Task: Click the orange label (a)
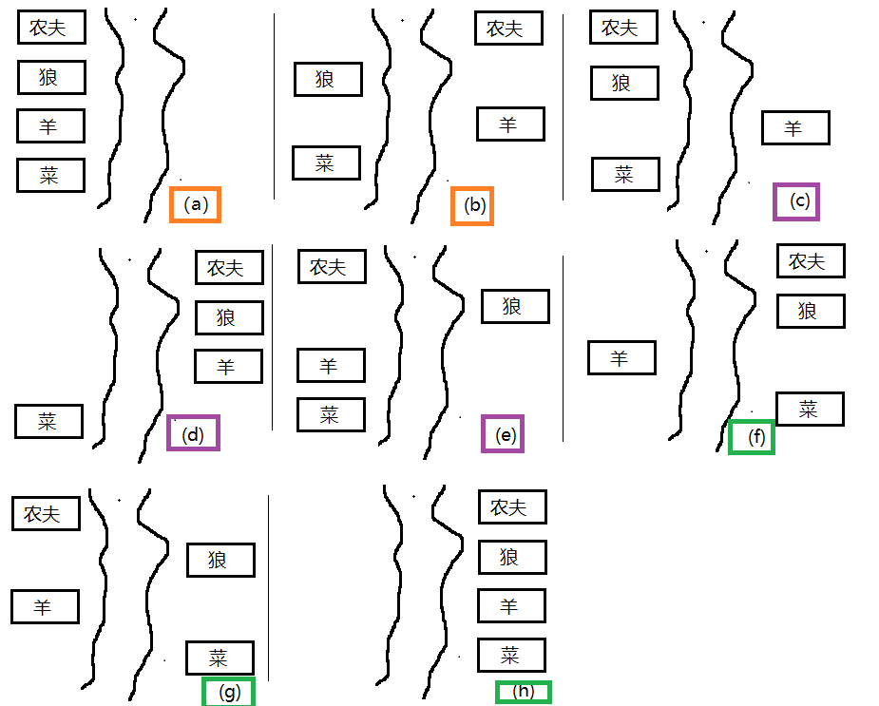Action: click(195, 204)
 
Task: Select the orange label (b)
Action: click(472, 206)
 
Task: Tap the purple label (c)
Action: click(796, 201)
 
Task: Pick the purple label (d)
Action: click(193, 432)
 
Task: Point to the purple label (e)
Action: click(503, 433)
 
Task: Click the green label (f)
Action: click(751, 437)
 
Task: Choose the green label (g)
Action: click(228, 692)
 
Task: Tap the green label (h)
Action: click(523, 692)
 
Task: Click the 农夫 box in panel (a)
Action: click(51, 27)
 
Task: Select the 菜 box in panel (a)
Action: click(50, 176)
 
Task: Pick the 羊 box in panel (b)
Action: click(510, 124)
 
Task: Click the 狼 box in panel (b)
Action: click(328, 79)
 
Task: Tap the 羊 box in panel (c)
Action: click(795, 128)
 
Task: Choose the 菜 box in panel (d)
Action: click(48, 421)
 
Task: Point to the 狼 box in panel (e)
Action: click(515, 306)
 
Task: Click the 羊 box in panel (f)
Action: click(621, 358)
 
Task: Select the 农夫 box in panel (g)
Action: click(46, 514)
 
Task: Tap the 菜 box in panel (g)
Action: click(220, 658)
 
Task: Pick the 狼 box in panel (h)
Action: click(512, 557)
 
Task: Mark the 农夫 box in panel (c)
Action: click(623, 27)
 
